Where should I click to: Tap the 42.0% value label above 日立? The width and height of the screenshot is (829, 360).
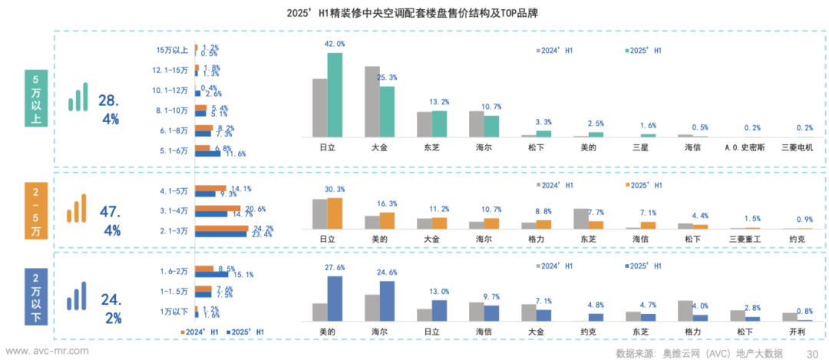335,44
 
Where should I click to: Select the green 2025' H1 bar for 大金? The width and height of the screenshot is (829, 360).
388,111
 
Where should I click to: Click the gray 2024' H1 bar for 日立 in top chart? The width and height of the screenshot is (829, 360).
320,107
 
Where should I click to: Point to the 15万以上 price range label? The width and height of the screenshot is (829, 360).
172,50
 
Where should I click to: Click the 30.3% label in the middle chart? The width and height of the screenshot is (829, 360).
335,190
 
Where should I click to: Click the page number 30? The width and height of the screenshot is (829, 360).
812,352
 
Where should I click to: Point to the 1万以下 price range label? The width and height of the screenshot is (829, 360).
174,312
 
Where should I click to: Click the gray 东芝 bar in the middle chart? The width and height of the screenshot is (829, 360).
581,219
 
